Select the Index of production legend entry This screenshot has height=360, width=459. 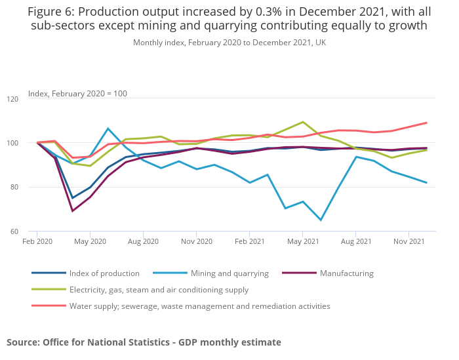pos(104,273)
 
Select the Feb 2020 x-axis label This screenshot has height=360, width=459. pos(37,242)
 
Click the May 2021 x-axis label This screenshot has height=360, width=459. pos(302,242)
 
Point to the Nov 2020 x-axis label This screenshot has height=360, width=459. pos(196,242)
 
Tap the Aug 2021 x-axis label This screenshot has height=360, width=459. pos(355,242)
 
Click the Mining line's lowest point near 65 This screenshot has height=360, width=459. pos(320,220)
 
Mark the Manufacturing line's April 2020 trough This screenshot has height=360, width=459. pos(72,210)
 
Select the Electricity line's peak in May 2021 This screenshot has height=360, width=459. pos(302,122)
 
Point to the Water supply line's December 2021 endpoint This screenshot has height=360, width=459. pos(427,123)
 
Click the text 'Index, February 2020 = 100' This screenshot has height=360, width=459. pos(77,93)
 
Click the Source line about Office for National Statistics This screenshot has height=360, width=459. pos(144,342)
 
